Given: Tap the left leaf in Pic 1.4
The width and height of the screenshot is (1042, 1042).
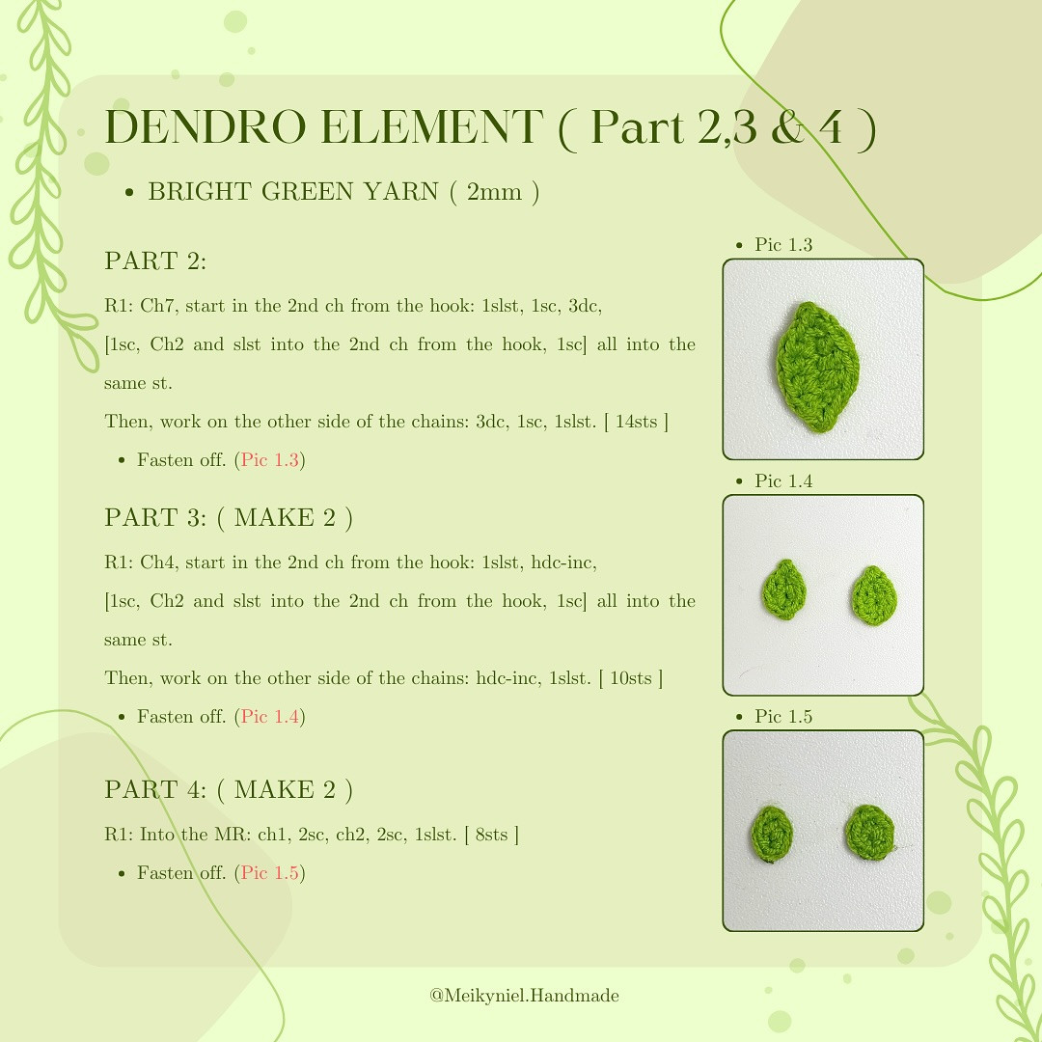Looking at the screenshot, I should click(784, 590).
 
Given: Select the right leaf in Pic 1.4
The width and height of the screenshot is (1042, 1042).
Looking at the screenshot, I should click(874, 592).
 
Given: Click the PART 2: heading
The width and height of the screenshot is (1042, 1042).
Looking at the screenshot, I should click(155, 261).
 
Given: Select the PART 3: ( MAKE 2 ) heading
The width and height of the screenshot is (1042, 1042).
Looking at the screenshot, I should click(228, 518).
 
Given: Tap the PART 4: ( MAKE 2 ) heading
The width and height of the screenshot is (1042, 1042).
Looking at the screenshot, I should click(228, 790).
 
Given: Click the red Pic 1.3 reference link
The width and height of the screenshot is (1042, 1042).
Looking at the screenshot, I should click(270, 460).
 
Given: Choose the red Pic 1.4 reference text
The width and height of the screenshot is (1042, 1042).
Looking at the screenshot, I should click(270, 717).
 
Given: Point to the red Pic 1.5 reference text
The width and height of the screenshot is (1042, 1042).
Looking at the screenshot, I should click(270, 873).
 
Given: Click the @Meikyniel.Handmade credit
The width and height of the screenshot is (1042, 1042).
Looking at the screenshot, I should click(524, 996).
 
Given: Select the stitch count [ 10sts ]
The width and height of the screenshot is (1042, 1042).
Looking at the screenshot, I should click(631, 678).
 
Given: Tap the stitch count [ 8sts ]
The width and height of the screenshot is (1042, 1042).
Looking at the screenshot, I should click(491, 835).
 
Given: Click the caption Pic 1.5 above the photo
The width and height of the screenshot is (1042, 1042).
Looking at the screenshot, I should click(783, 716).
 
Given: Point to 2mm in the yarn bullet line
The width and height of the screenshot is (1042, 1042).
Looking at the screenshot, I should click(492, 192).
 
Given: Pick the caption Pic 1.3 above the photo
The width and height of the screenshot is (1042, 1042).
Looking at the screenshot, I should click(783, 245).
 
